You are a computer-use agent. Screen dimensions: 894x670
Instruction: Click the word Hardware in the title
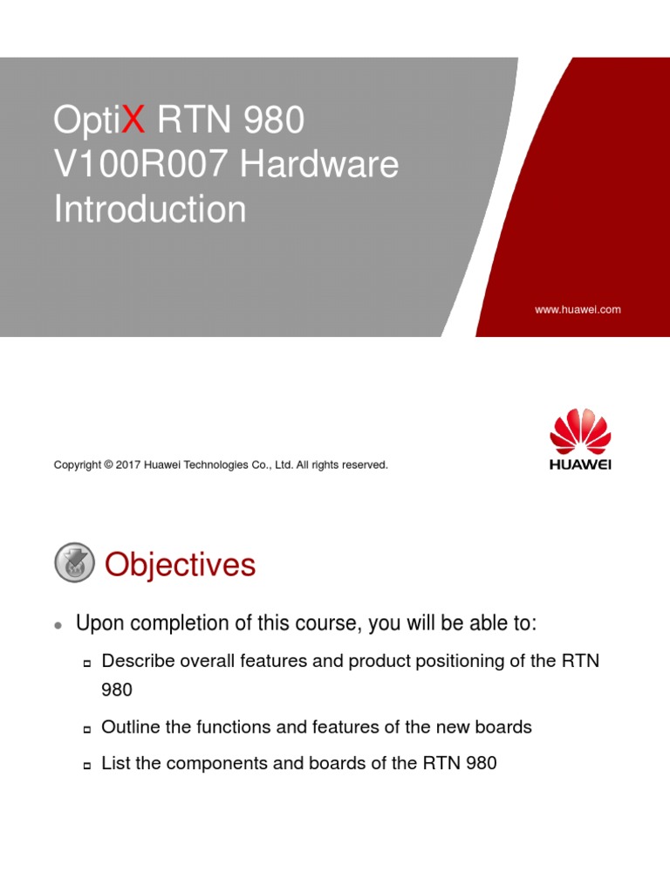320,165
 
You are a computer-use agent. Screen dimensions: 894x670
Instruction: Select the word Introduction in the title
150,210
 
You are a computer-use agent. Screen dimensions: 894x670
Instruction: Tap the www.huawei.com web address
578,309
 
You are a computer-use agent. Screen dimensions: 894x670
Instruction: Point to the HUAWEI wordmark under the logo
581,464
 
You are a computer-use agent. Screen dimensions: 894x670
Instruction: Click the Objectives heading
180,566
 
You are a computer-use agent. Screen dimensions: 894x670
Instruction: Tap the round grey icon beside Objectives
75,562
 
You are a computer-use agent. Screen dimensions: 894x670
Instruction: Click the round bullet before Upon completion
58,625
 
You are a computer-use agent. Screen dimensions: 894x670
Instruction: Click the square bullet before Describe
87,664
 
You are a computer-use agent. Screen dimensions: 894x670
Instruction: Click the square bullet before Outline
87,729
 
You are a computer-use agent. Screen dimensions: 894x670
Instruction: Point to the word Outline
129,726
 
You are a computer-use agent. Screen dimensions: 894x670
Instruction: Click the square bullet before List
87,766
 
